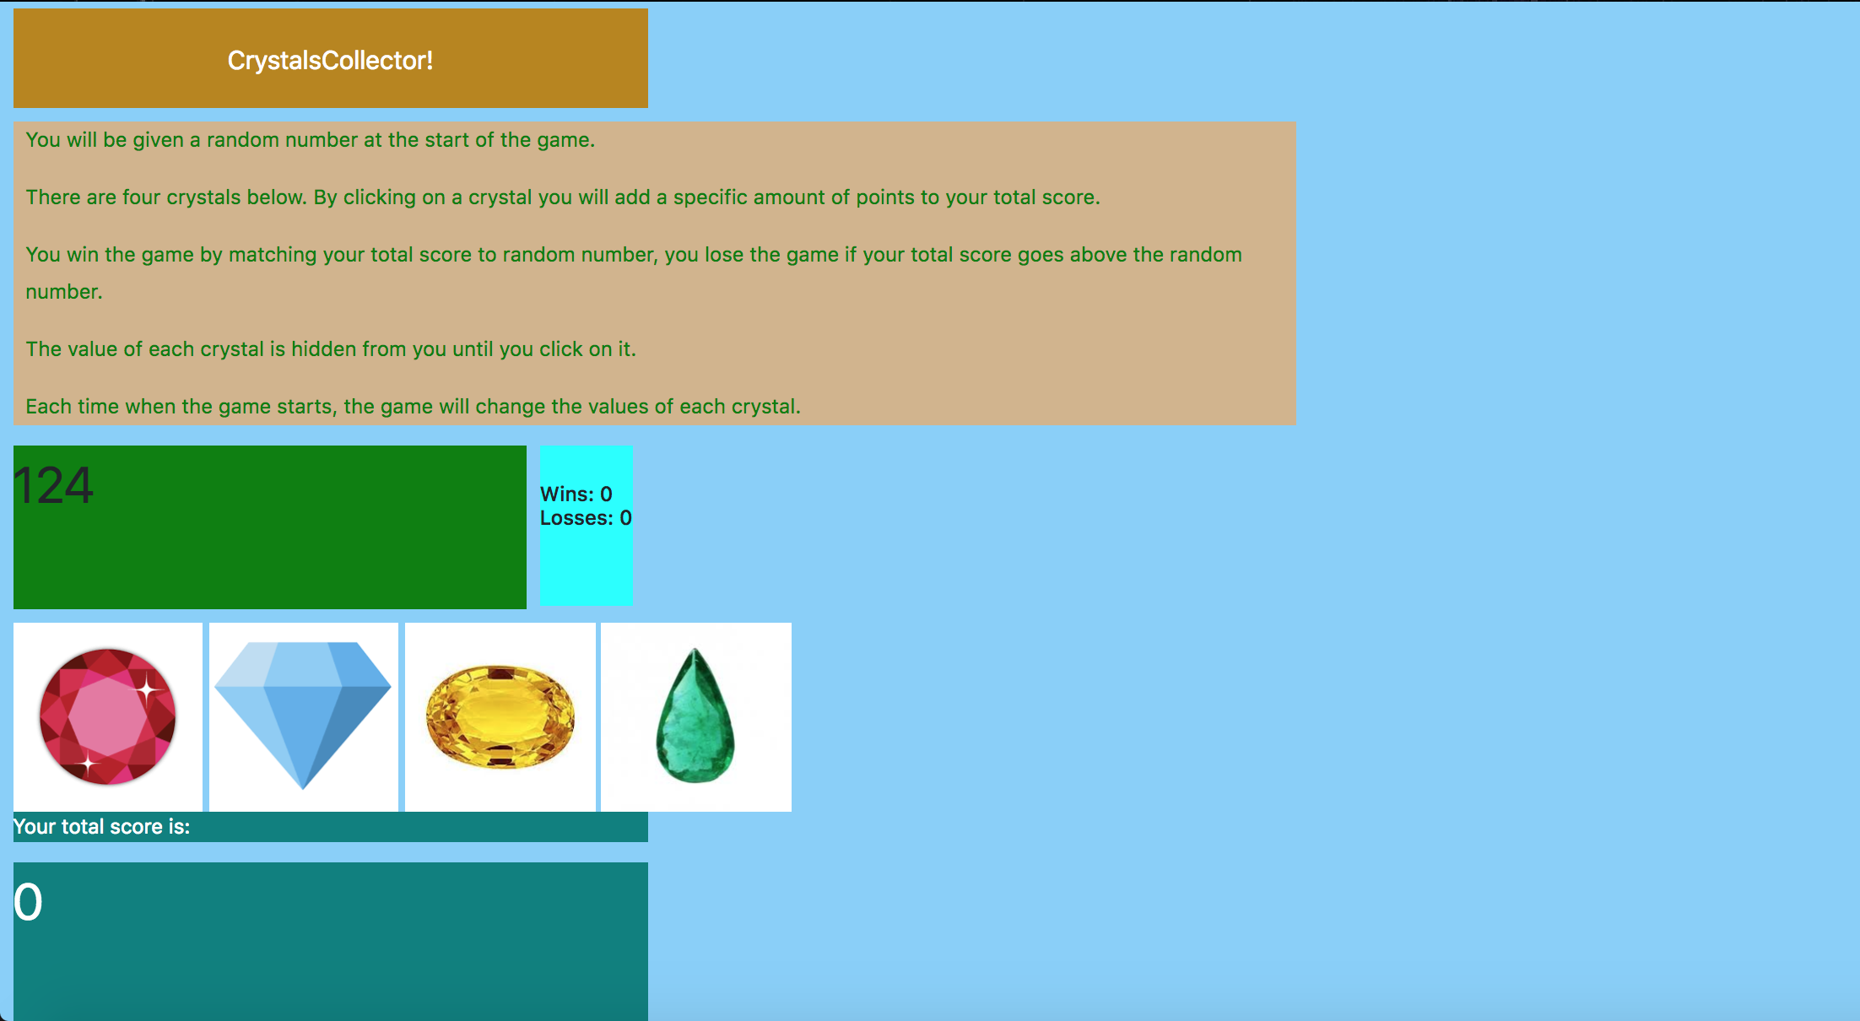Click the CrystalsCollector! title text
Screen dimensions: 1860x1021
point(330,61)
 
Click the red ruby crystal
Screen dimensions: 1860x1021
point(108,716)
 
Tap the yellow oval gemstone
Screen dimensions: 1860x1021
point(500,717)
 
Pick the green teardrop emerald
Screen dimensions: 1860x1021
point(695,716)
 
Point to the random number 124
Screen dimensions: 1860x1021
point(53,486)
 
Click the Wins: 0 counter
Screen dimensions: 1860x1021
point(576,494)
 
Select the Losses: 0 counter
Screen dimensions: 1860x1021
point(586,518)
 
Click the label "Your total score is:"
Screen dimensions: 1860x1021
point(102,827)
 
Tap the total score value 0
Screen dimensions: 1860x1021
point(28,902)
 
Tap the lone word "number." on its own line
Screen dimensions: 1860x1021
point(64,292)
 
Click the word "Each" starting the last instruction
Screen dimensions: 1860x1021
point(48,407)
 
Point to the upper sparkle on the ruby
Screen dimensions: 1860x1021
point(147,689)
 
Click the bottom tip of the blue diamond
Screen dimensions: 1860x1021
point(304,789)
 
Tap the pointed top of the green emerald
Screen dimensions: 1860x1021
point(695,649)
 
